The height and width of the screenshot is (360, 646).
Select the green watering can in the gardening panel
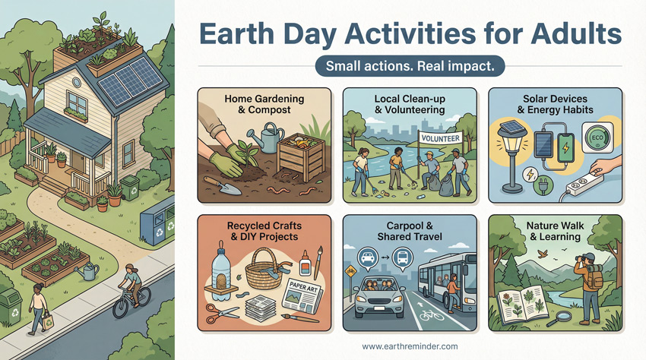click(x=272, y=140)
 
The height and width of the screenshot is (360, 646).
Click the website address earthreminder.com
click(x=411, y=346)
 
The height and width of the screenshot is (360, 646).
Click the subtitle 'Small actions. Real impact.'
click(x=410, y=66)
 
